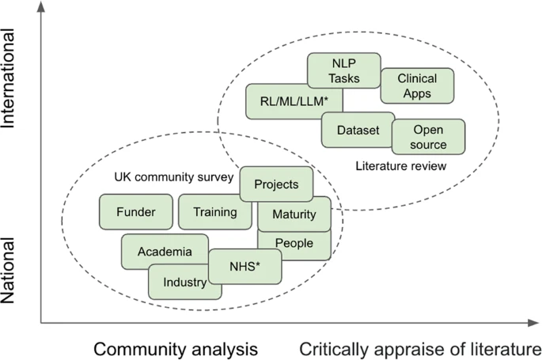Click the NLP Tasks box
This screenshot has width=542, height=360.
coord(344,70)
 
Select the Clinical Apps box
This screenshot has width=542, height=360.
coord(417,85)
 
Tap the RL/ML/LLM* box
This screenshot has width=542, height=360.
coord(294,101)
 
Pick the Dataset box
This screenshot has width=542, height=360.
coord(358,130)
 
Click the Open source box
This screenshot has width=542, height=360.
coord(428,137)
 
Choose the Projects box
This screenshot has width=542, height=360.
coord(276,184)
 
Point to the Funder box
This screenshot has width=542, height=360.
coord(136,212)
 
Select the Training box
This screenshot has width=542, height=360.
coord(214,212)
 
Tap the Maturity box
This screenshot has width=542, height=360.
coord(294,214)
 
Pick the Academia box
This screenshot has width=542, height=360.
coord(165,251)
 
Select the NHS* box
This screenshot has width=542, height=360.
coord(244,267)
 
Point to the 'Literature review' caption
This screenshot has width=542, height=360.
coord(401,166)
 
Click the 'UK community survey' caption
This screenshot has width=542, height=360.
coord(174,177)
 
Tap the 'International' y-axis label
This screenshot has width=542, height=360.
coord(8,78)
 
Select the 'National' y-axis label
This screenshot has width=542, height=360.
coord(8,271)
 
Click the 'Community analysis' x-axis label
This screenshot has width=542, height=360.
coord(176,349)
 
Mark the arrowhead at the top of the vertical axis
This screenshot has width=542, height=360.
coord(41,6)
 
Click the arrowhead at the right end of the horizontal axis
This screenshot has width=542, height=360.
coord(534,323)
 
